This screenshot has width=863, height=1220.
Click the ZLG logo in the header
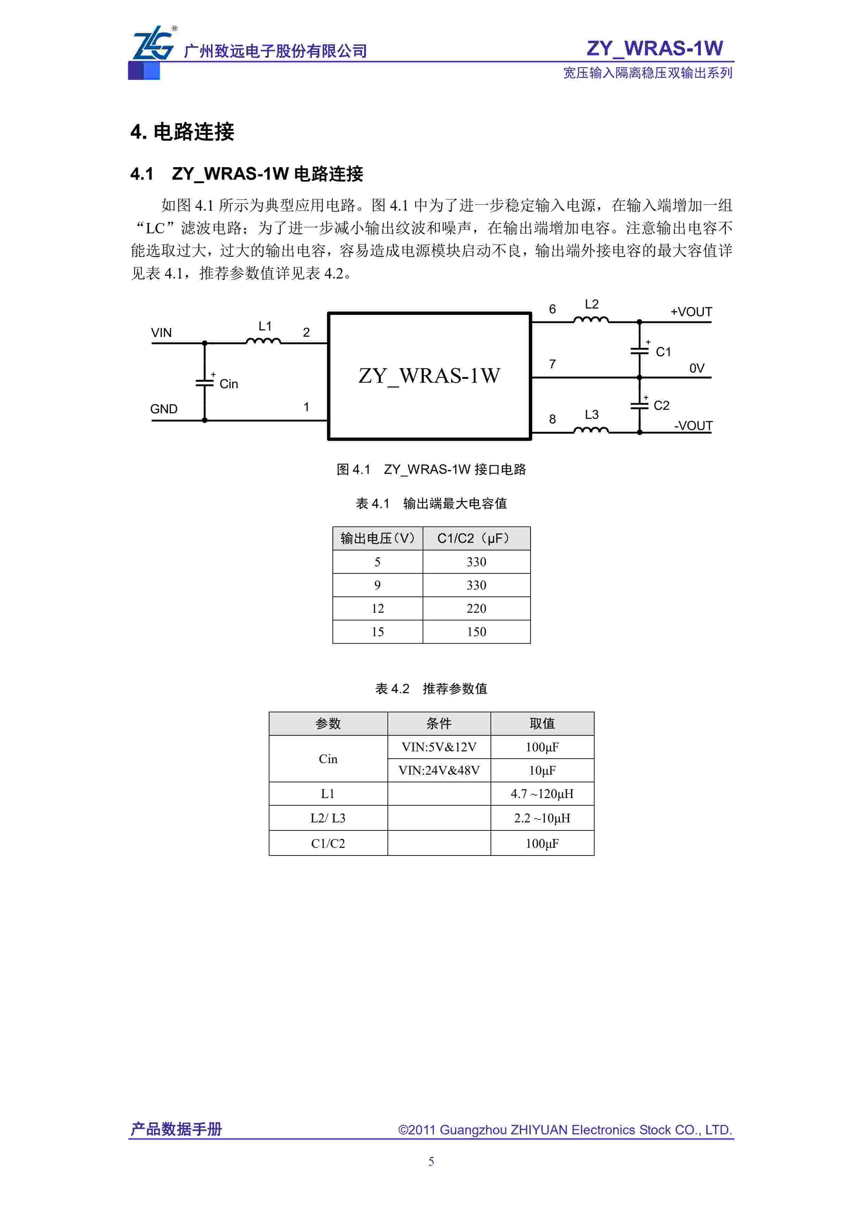[153, 44]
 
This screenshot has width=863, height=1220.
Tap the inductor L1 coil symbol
[263, 341]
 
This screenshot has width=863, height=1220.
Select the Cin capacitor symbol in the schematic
[205, 382]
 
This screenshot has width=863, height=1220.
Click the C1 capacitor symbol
[639, 351]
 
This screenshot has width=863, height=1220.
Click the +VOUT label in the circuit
[691, 312]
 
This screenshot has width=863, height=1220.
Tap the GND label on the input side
[164, 409]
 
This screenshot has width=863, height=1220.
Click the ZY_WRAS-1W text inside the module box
[429, 376]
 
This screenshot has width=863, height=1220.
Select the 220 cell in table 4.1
[476, 608]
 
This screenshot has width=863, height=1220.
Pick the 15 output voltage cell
[377, 632]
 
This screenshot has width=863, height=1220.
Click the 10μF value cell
[542, 771]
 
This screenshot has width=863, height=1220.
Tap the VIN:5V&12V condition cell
[439, 747]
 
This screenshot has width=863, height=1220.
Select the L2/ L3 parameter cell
[328, 818]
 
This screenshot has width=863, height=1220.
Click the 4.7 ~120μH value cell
[542, 794]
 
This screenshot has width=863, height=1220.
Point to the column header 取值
[542, 723]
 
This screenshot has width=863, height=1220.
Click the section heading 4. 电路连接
[182, 132]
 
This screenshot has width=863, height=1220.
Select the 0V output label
[697, 368]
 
